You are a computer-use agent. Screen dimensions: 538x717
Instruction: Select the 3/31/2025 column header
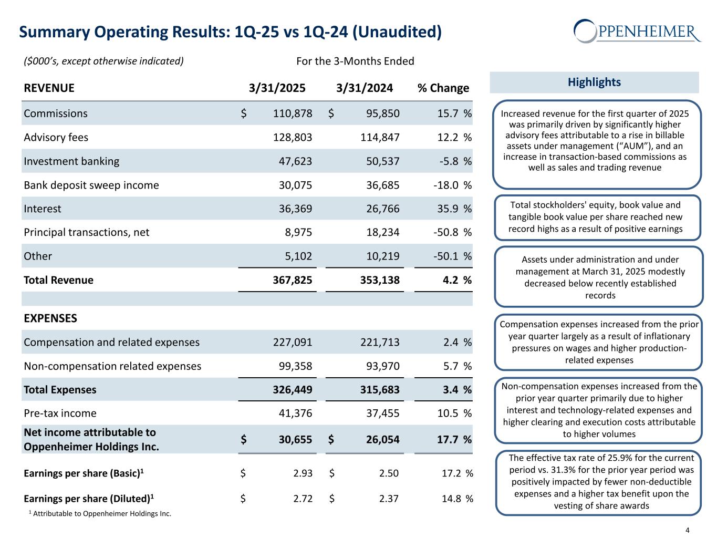(x=277, y=88)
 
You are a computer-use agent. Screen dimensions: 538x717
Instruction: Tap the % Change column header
(x=443, y=88)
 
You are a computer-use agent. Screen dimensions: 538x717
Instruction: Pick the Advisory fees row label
(x=56, y=138)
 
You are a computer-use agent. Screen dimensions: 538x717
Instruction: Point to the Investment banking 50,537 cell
(x=382, y=161)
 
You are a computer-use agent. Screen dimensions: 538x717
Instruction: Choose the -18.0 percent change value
(x=447, y=185)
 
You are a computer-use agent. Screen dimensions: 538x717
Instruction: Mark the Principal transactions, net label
(x=87, y=232)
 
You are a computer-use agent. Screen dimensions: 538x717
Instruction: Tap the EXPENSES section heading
(x=50, y=318)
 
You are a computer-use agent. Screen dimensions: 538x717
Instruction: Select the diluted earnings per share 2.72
(x=303, y=498)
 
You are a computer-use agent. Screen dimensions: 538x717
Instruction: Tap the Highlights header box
(x=594, y=82)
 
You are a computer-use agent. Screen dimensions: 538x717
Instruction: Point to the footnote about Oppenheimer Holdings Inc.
(x=100, y=514)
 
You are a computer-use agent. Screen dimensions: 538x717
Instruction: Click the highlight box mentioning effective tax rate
(x=598, y=482)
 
